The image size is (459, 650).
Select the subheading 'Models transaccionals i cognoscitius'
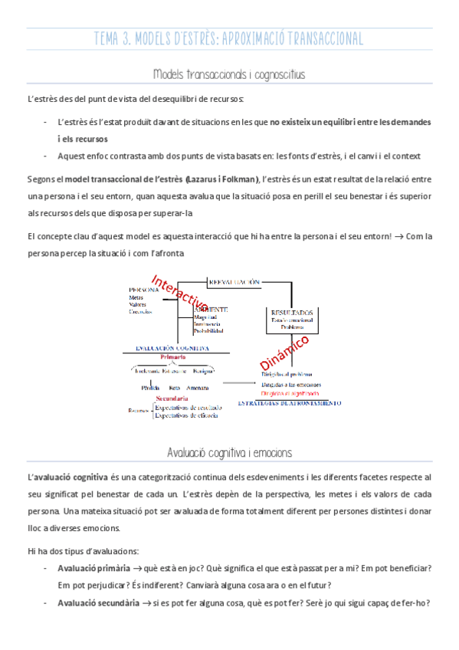(x=229, y=74)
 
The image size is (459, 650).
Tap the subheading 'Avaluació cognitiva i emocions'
(x=229, y=452)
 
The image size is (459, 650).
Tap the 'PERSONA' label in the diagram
(x=143, y=290)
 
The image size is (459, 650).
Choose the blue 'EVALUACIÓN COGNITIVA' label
(x=172, y=347)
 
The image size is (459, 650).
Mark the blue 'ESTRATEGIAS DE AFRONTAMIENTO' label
(x=289, y=402)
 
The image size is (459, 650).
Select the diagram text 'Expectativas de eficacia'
(x=189, y=416)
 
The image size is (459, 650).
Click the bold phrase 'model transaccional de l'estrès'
(x=125, y=179)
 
